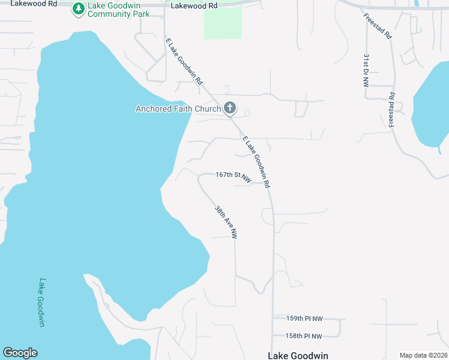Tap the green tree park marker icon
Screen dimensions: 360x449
tap(78, 8)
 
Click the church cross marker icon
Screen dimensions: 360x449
tap(229, 109)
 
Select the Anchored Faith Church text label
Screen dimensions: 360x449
tap(178, 109)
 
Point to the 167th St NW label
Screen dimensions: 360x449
tap(233, 175)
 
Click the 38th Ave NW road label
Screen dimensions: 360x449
tap(226, 223)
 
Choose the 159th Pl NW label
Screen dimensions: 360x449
tap(304, 319)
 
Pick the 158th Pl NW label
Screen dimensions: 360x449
tap(304, 336)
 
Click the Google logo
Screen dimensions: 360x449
tap(20, 353)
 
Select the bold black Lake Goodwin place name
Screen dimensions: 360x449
tap(298, 356)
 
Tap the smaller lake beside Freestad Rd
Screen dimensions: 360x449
tap(433, 105)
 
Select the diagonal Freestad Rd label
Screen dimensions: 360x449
tap(378, 25)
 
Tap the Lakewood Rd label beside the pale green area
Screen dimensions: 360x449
tap(194, 5)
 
